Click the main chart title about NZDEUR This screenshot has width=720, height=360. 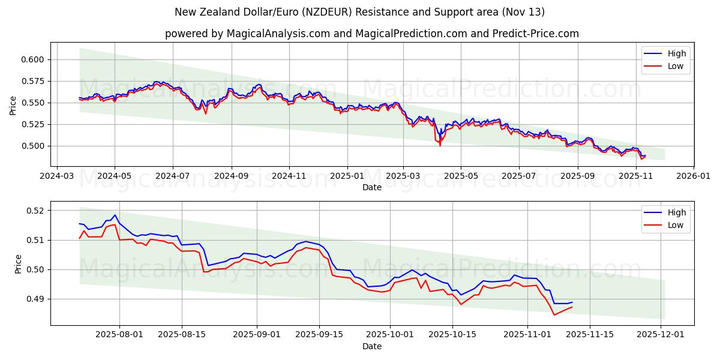360,12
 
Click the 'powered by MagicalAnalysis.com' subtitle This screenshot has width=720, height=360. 372,34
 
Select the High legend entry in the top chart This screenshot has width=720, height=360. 665,53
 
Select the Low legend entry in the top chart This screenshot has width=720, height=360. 665,66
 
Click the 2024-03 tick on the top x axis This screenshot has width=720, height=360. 57,176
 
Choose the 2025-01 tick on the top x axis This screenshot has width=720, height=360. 347,176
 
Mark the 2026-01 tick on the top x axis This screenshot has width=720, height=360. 693,176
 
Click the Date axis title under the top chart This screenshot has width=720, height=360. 372,187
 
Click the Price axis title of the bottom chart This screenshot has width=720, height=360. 19,264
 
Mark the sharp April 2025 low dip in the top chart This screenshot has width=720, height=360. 440,145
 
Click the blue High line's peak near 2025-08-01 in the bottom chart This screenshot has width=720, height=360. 115,215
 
